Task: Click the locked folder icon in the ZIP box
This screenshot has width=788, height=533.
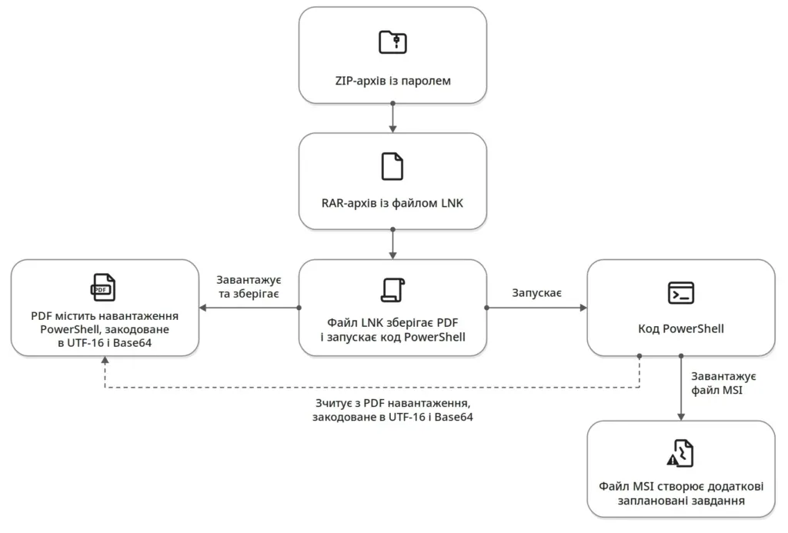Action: (392, 42)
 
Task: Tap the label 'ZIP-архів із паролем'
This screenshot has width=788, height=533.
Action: (392, 81)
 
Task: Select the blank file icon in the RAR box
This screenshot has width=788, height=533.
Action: (392, 166)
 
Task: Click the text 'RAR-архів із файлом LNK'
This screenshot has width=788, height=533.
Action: (392, 204)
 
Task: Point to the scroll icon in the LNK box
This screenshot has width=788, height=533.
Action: (392, 290)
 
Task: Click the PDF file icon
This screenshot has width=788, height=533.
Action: (103, 288)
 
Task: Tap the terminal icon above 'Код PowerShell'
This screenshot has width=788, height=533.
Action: (681, 293)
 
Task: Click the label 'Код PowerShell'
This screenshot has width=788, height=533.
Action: (681, 329)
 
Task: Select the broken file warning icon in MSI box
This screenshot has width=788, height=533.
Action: (680, 453)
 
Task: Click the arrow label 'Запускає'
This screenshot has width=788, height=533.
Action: (536, 293)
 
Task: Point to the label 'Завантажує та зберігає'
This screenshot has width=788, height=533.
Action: (249, 287)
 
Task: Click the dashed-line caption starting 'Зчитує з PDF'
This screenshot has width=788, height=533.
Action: (392, 410)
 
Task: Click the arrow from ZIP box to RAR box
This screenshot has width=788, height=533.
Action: (392, 118)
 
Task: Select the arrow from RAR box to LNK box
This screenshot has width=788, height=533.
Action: (392, 244)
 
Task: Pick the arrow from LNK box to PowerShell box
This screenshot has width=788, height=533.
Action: (536, 308)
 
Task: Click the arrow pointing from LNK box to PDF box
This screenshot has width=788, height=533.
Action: (249, 308)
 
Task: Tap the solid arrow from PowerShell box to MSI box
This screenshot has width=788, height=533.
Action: (681, 388)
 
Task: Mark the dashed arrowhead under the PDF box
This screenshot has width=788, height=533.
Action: (105, 360)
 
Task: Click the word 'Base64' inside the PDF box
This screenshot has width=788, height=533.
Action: (132, 343)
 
